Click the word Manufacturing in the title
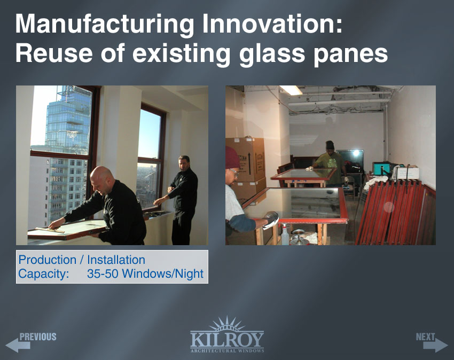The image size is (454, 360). (x=105, y=25)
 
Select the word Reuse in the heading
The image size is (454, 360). (x=54, y=53)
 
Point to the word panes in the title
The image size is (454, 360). (x=350, y=55)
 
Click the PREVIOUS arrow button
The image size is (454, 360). (x=30, y=342)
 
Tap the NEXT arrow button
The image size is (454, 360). (x=432, y=342)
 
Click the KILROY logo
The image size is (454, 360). (x=227, y=335)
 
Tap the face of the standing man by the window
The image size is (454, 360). (x=184, y=163)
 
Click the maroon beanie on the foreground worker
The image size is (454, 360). (x=232, y=158)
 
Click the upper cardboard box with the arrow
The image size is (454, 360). (x=246, y=160)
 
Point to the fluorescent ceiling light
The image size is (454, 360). (x=291, y=90)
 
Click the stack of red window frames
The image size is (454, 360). (x=395, y=211)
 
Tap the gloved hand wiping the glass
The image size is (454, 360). (x=271, y=220)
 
